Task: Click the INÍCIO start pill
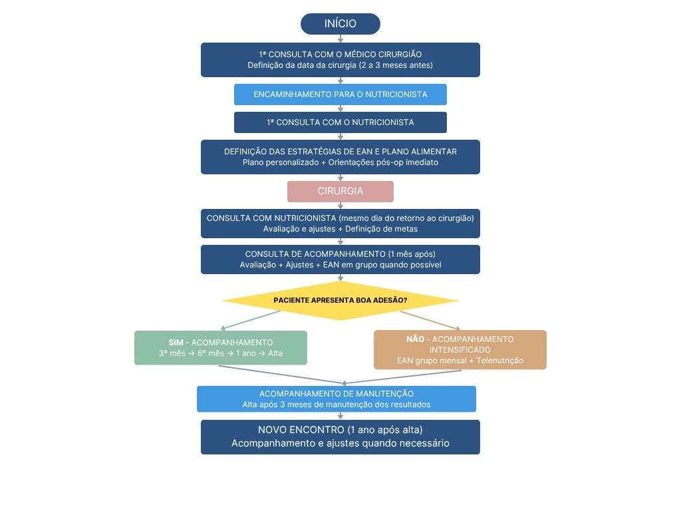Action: click(x=340, y=24)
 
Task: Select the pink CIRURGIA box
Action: click(x=340, y=191)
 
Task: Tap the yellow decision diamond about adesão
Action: click(x=340, y=301)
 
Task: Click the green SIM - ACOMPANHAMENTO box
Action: click(x=221, y=347)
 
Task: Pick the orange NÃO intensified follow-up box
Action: click(x=460, y=350)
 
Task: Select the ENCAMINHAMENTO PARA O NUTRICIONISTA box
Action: click(x=340, y=94)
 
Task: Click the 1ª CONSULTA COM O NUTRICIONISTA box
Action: click(x=340, y=122)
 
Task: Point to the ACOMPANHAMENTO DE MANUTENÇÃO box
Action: click(x=336, y=399)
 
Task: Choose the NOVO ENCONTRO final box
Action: click(x=340, y=437)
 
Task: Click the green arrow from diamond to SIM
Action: click(x=251, y=320)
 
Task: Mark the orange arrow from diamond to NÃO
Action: click(x=430, y=320)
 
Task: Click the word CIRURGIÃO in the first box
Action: click(x=400, y=55)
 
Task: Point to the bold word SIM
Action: click(x=176, y=343)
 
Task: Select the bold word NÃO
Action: click(x=415, y=339)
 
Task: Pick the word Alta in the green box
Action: click(x=275, y=353)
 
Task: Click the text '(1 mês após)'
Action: click(x=412, y=254)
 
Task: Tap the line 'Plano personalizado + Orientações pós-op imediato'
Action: click(x=340, y=162)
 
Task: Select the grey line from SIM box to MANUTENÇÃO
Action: click(x=281, y=375)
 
